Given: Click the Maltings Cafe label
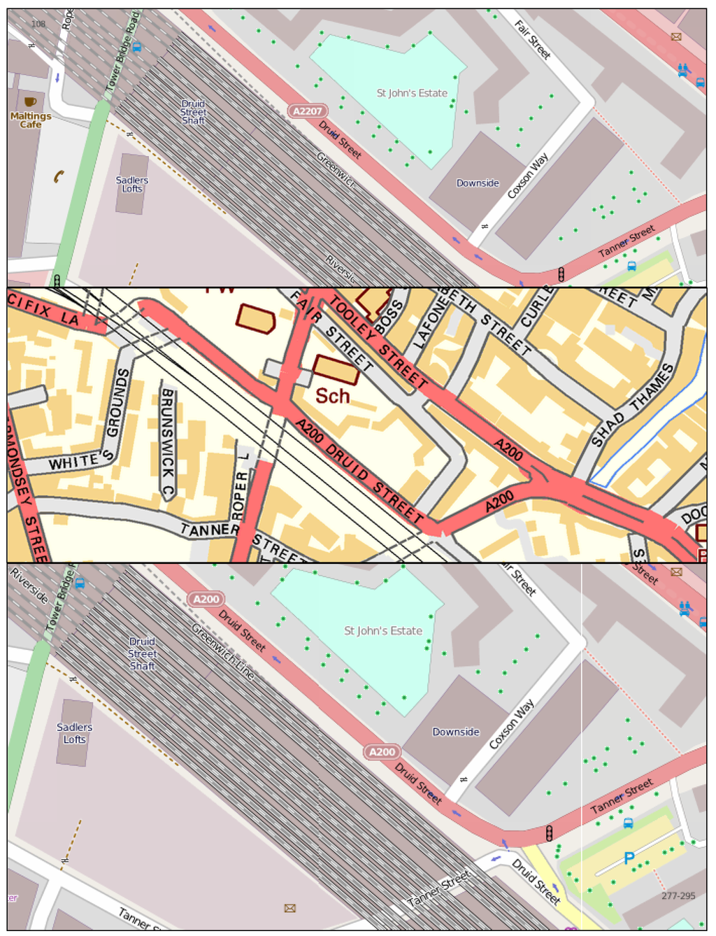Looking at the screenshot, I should (31, 120).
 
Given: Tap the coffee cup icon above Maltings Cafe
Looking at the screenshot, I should (30, 102).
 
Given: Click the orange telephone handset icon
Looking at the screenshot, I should (59, 176).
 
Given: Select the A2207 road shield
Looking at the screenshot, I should (308, 111).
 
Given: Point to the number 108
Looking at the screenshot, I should (38, 24).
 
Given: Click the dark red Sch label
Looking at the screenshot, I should (332, 396).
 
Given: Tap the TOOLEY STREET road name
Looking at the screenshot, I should (378, 341).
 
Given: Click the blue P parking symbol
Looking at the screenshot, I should (629, 858).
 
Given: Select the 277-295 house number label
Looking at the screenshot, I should (678, 895).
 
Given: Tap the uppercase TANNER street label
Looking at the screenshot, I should (210, 530).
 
